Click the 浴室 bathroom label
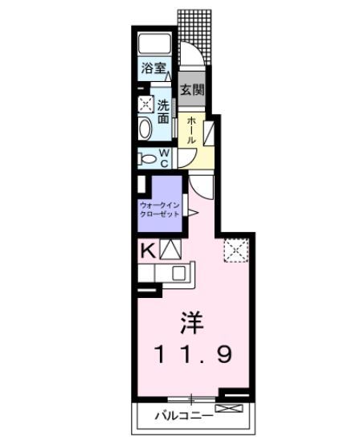[x=153, y=68]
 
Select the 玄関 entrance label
[x=190, y=89]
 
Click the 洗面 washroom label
[x=163, y=111]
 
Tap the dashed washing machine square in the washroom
[x=145, y=104]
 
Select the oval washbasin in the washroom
[x=145, y=129]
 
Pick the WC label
[x=163, y=157]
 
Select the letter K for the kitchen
[x=147, y=249]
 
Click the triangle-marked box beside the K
[x=171, y=249]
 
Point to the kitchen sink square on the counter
[x=178, y=272]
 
